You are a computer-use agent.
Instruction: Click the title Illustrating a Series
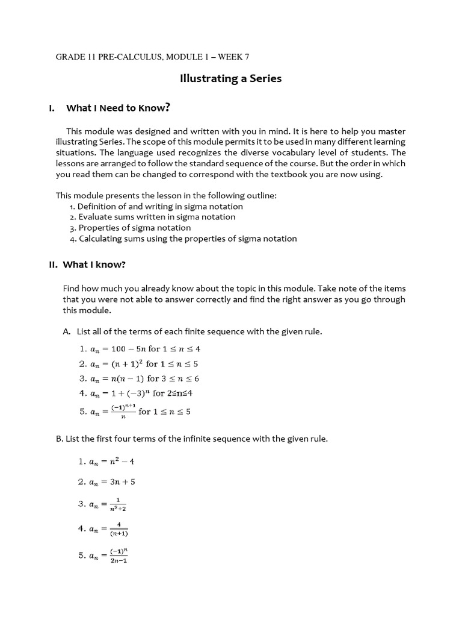231,78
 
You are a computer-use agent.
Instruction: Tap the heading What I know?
96,265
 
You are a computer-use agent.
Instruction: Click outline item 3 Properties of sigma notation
130,228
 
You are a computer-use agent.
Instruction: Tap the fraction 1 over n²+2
119,504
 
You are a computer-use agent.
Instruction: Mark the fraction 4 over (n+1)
119,529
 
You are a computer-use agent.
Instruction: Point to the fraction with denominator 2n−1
119,556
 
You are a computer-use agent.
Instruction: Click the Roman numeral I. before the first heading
52,108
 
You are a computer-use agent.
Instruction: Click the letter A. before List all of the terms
67,331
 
